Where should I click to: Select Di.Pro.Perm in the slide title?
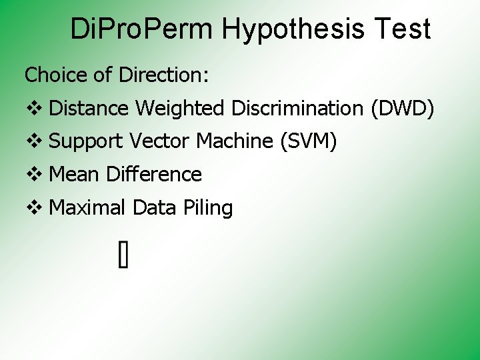click(141, 30)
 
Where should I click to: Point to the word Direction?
click(164, 75)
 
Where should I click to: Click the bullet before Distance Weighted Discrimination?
click(33, 108)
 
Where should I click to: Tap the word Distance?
click(89, 108)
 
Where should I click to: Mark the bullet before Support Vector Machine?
click(33, 141)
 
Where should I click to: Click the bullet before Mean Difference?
click(33, 175)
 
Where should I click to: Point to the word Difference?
click(154, 175)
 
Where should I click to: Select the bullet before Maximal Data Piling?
click(33, 208)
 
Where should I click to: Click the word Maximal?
click(87, 208)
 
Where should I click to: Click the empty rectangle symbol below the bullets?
click(123, 255)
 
